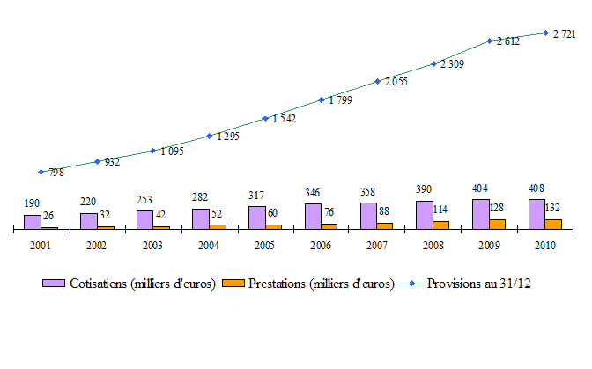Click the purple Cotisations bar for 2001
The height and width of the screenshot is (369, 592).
coord(32,222)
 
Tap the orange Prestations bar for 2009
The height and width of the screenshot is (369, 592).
coord(498,224)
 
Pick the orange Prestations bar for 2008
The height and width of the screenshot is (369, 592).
coord(441,225)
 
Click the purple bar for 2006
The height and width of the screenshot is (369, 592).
coord(313,217)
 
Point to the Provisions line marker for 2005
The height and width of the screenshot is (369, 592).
coord(265,118)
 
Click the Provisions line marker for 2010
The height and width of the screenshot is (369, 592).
coord(546,33)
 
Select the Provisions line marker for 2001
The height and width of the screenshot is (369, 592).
coord(41,172)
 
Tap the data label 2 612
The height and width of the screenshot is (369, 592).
coord(508,41)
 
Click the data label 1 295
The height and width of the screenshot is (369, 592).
coord(227,137)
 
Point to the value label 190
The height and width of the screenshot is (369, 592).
coord(32,203)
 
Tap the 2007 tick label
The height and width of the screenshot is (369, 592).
coord(377,246)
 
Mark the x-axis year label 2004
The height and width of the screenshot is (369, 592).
coord(209,246)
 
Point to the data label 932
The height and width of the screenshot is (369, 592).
coord(112,162)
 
